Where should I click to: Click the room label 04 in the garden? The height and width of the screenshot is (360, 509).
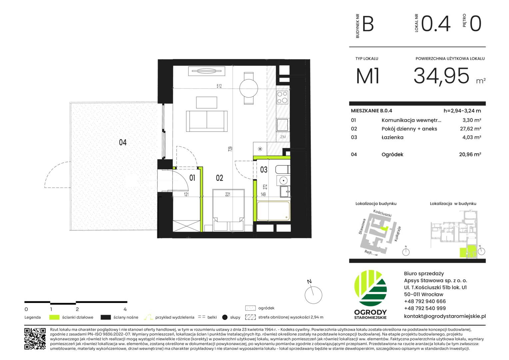click(123, 142)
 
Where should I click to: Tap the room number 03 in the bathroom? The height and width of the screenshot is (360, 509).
click(263, 170)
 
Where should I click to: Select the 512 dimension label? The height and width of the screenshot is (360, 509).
click(219, 86)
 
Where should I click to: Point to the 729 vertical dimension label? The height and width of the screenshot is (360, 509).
click(230, 149)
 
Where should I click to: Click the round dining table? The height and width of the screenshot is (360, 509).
click(249, 88)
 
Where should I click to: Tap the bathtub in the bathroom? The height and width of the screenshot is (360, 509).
click(273, 211)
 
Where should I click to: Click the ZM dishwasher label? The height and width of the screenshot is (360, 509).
click(283, 137)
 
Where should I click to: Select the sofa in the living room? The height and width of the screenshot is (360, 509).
click(207, 121)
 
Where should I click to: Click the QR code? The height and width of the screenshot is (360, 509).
click(35, 339)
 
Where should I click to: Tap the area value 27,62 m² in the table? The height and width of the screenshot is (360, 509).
click(470, 129)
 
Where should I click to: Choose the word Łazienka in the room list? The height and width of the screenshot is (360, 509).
click(392, 137)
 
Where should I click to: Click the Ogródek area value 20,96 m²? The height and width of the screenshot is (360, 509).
click(470, 154)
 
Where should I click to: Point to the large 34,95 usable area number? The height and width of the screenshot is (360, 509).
click(441, 76)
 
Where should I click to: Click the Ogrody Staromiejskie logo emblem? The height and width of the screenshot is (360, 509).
click(370, 288)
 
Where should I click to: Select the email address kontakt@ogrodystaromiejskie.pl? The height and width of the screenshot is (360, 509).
click(445, 316)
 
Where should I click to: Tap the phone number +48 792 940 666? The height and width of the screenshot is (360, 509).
click(425, 301)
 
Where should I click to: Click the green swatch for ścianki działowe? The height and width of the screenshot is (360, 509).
click(54, 317)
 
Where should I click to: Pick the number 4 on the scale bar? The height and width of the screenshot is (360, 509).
click(125, 309)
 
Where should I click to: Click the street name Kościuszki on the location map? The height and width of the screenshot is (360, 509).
click(382, 213)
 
